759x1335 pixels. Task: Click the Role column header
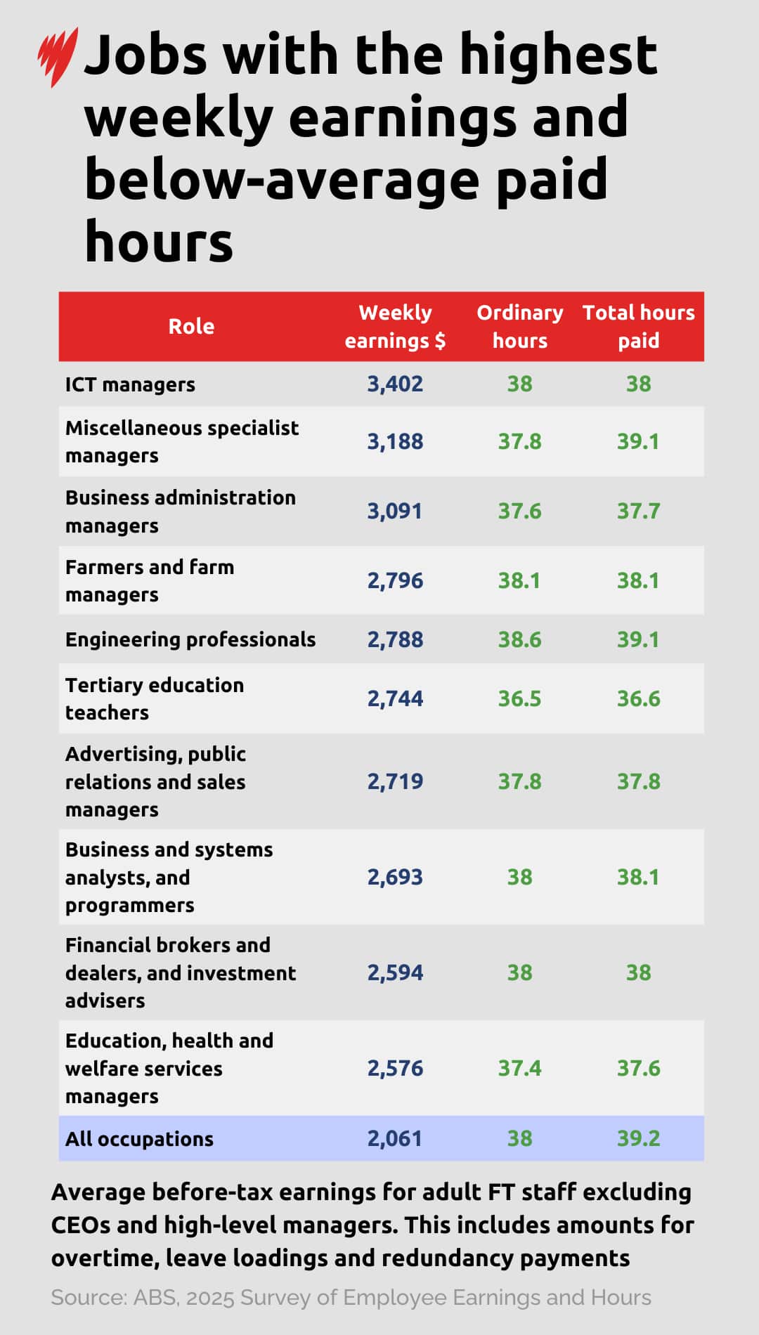click(x=191, y=327)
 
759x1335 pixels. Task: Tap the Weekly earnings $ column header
click(x=395, y=327)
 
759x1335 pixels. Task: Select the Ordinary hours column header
click(x=519, y=327)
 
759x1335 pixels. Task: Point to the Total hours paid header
click(x=638, y=327)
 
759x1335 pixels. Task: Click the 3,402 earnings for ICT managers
click(x=395, y=384)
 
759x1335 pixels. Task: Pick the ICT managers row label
click(x=130, y=385)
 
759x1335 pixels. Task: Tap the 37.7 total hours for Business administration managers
click(x=638, y=511)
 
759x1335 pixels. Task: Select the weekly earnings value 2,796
click(x=395, y=581)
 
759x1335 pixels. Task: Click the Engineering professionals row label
click(x=190, y=640)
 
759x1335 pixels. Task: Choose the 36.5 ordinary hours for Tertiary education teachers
click(x=519, y=699)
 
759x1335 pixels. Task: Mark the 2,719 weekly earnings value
click(x=395, y=782)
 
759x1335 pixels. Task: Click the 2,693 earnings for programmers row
click(x=395, y=878)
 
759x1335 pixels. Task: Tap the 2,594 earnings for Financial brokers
click(x=395, y=973)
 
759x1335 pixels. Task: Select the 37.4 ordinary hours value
click(x=519, y=1069)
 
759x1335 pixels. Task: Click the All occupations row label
click(x=139, y=1139)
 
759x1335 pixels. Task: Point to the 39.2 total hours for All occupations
click(x=638, y=1139)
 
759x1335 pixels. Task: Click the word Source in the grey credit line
click(x=88, y=1298)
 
